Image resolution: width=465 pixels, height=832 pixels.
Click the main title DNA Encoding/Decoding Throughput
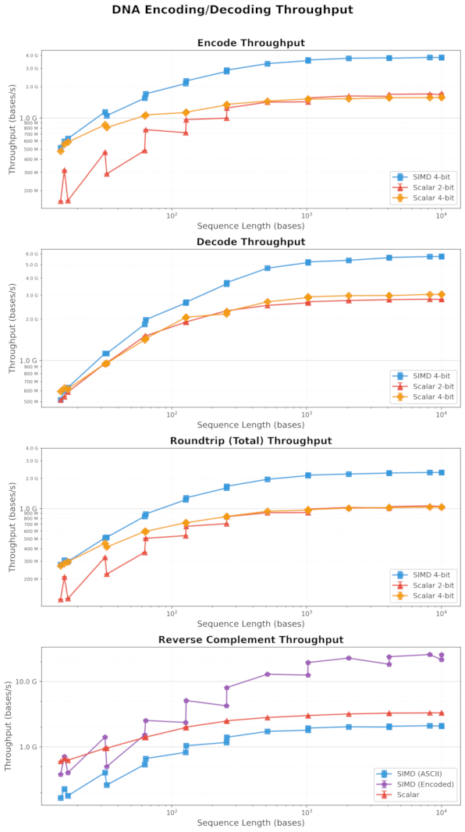pos(232,10)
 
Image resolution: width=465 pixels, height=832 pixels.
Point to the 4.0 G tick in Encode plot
pos(53,55)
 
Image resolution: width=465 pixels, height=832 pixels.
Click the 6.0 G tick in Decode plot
pos(53,254)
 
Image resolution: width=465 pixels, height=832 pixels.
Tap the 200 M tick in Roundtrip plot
pos(51,579)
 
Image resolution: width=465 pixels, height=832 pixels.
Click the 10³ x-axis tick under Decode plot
pos(307,414)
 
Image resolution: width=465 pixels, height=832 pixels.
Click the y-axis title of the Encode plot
pos(12,131)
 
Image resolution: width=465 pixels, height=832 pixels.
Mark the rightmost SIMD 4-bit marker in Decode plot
pos(442,256)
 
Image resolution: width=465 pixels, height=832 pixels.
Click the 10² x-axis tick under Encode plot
pos(171,215)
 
